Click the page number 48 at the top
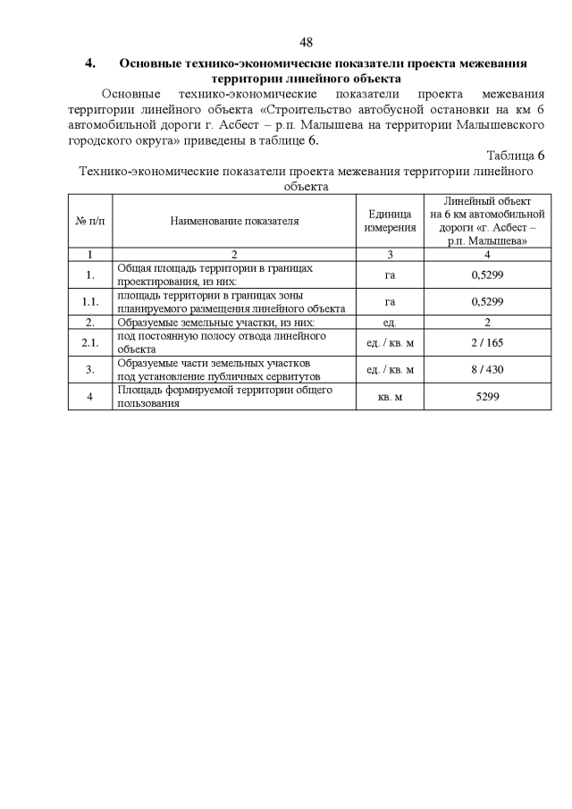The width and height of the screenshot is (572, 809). (306, 42)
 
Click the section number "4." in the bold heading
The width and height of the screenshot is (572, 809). (90, 63)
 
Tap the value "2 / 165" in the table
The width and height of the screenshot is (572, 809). (487, 342)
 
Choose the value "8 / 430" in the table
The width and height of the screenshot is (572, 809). (487, 369)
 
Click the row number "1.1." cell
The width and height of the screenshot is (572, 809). (90, 301)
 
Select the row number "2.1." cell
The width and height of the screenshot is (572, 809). (90, 342)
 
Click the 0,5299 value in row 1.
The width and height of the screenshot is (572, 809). (487, 274)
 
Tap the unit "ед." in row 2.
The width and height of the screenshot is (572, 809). (390, 322)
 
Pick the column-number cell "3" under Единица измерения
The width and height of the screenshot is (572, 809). (390, 254)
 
